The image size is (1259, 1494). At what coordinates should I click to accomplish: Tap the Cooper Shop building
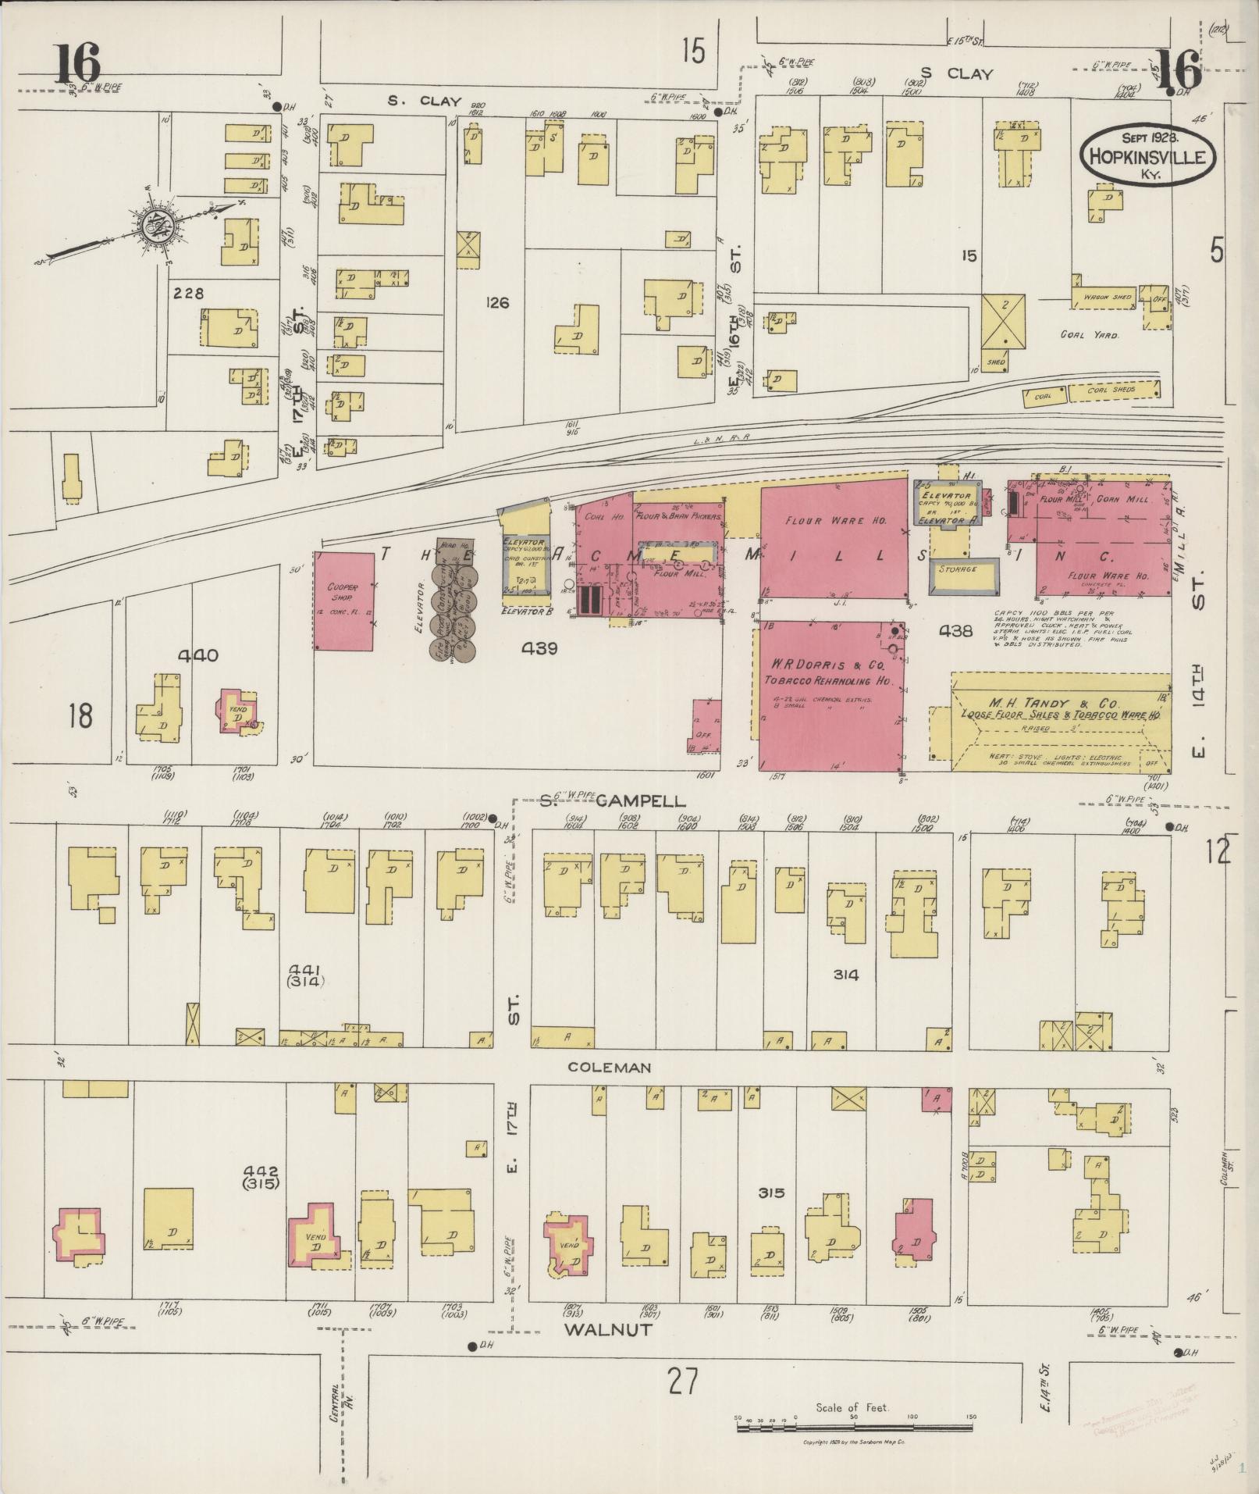click(343, 600)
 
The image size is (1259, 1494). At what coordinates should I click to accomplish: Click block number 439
click(540, 647)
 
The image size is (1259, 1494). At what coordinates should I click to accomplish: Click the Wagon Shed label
click(1106, 298)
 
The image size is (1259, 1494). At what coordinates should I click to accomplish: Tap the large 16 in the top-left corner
click(76, 64)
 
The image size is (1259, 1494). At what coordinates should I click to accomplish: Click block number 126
click(496, 302)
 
